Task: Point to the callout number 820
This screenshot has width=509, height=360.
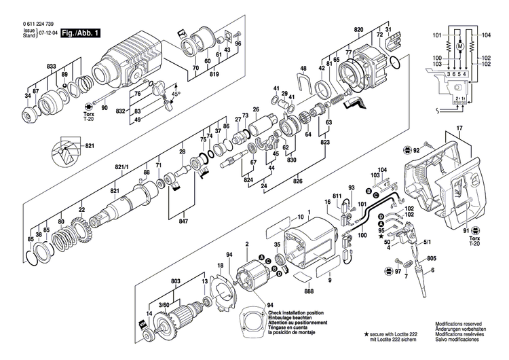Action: [x=359, y=31]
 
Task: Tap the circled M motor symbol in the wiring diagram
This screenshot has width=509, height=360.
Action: [x=459, y=46]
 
